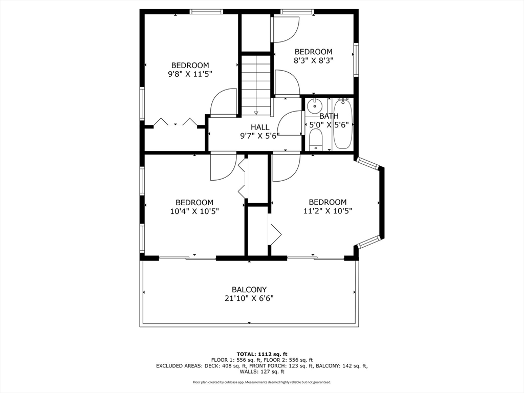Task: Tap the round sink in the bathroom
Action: click(315, 106)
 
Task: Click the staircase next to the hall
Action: click(256, 85)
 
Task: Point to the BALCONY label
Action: click(249, 290)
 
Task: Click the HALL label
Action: click(260, 127)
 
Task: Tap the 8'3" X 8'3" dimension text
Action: click(314, 60)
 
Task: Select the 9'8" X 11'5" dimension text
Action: click(190, 74)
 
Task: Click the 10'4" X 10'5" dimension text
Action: click(194, 211)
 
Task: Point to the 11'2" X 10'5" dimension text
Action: click(327, 211)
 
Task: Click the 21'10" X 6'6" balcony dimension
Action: click(249, 298)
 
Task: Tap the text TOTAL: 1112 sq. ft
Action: click(262, 354)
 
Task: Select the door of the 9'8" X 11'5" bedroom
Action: click(223, 102)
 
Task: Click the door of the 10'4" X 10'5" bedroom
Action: click(223, 166)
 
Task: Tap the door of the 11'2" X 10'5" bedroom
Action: click(287, 167)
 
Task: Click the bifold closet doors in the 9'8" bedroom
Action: click(175, 122)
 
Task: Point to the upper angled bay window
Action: click(367, 163)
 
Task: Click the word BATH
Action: click(329, 116)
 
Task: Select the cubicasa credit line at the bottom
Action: click(262, 382)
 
